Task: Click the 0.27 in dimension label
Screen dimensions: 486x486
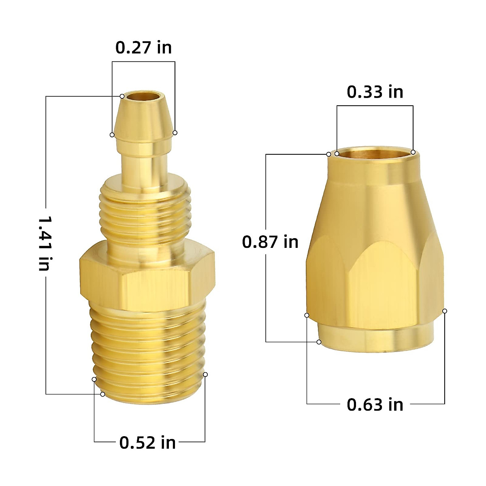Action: tap(143, 48)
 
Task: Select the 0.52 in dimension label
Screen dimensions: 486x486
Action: tap(147, 442)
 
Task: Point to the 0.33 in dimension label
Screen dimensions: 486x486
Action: tap(375, 92)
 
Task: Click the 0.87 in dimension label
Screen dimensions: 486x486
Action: tap(270, 242)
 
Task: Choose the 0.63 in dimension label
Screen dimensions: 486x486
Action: tap(375, 405)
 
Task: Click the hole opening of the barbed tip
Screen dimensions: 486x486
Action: tap(143, 97)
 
